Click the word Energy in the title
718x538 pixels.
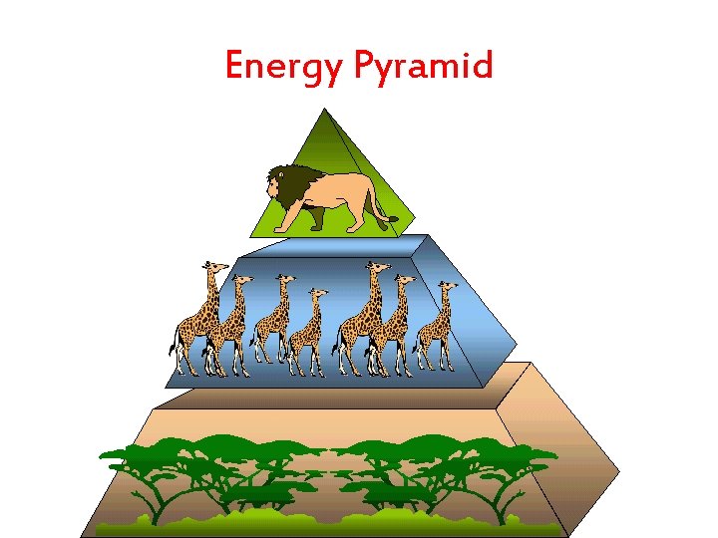(x=283, y=67)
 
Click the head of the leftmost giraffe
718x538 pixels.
(x=210, y=268)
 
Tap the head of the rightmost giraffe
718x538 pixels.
(x=448, y=288)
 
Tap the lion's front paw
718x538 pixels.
(x=282, y=228)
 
